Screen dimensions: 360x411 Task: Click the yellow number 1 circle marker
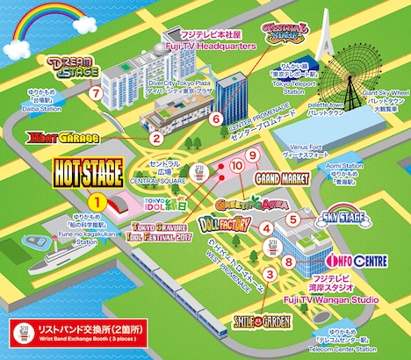tap(99, 200)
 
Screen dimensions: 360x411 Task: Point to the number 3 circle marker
tap(270, 274)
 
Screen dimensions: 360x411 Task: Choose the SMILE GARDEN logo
tap(264, 321)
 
